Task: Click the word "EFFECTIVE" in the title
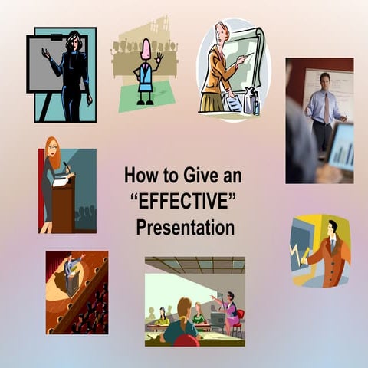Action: pyautogui.click(x=182, y=202)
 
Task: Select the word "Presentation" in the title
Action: pyautogui.click(x=185, y=228)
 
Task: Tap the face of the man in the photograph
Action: pyautogui.click(x=325, y=80)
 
